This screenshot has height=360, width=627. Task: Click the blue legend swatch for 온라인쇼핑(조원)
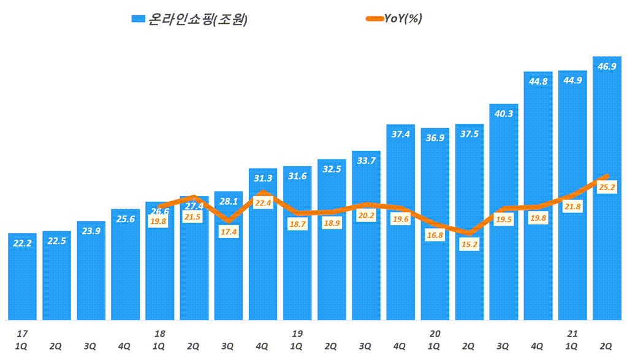click(138, 20)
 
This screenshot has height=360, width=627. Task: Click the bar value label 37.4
click(400, 135)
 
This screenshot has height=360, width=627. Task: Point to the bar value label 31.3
click(263, 178)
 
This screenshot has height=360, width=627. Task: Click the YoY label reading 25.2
click(607, 188)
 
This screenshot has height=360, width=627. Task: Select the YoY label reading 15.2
click(469, 244)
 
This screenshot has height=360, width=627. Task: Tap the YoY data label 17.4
click(229, 232)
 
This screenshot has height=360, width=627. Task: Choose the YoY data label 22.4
click(263, 203)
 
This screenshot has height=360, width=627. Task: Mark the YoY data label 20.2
click(366, 215)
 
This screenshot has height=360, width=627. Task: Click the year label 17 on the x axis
click(22, 334)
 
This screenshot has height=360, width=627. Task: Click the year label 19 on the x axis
click(297, 334)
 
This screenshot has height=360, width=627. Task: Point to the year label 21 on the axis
click(572, 334)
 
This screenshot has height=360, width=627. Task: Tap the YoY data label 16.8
click(435, 235)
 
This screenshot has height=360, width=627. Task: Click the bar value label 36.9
click(435, 138)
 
